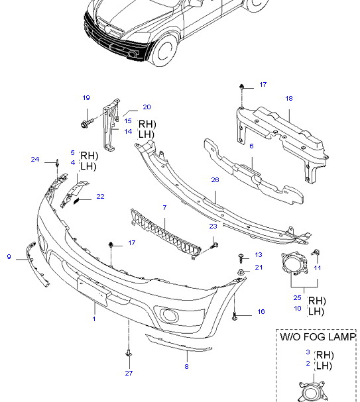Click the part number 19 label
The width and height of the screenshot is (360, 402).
point(86,97)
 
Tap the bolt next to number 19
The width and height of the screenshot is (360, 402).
point(86,123)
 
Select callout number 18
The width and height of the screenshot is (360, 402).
point(289,98)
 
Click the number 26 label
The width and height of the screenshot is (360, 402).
point(215,179)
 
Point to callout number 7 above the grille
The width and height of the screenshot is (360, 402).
point(164,207)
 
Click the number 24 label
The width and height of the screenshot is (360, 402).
point(35,159)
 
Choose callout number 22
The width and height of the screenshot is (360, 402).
point(100,197)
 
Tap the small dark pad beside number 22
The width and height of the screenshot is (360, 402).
point(76,201)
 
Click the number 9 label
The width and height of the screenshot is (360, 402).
point(9,257)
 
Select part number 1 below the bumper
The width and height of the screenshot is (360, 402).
point(94,319)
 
